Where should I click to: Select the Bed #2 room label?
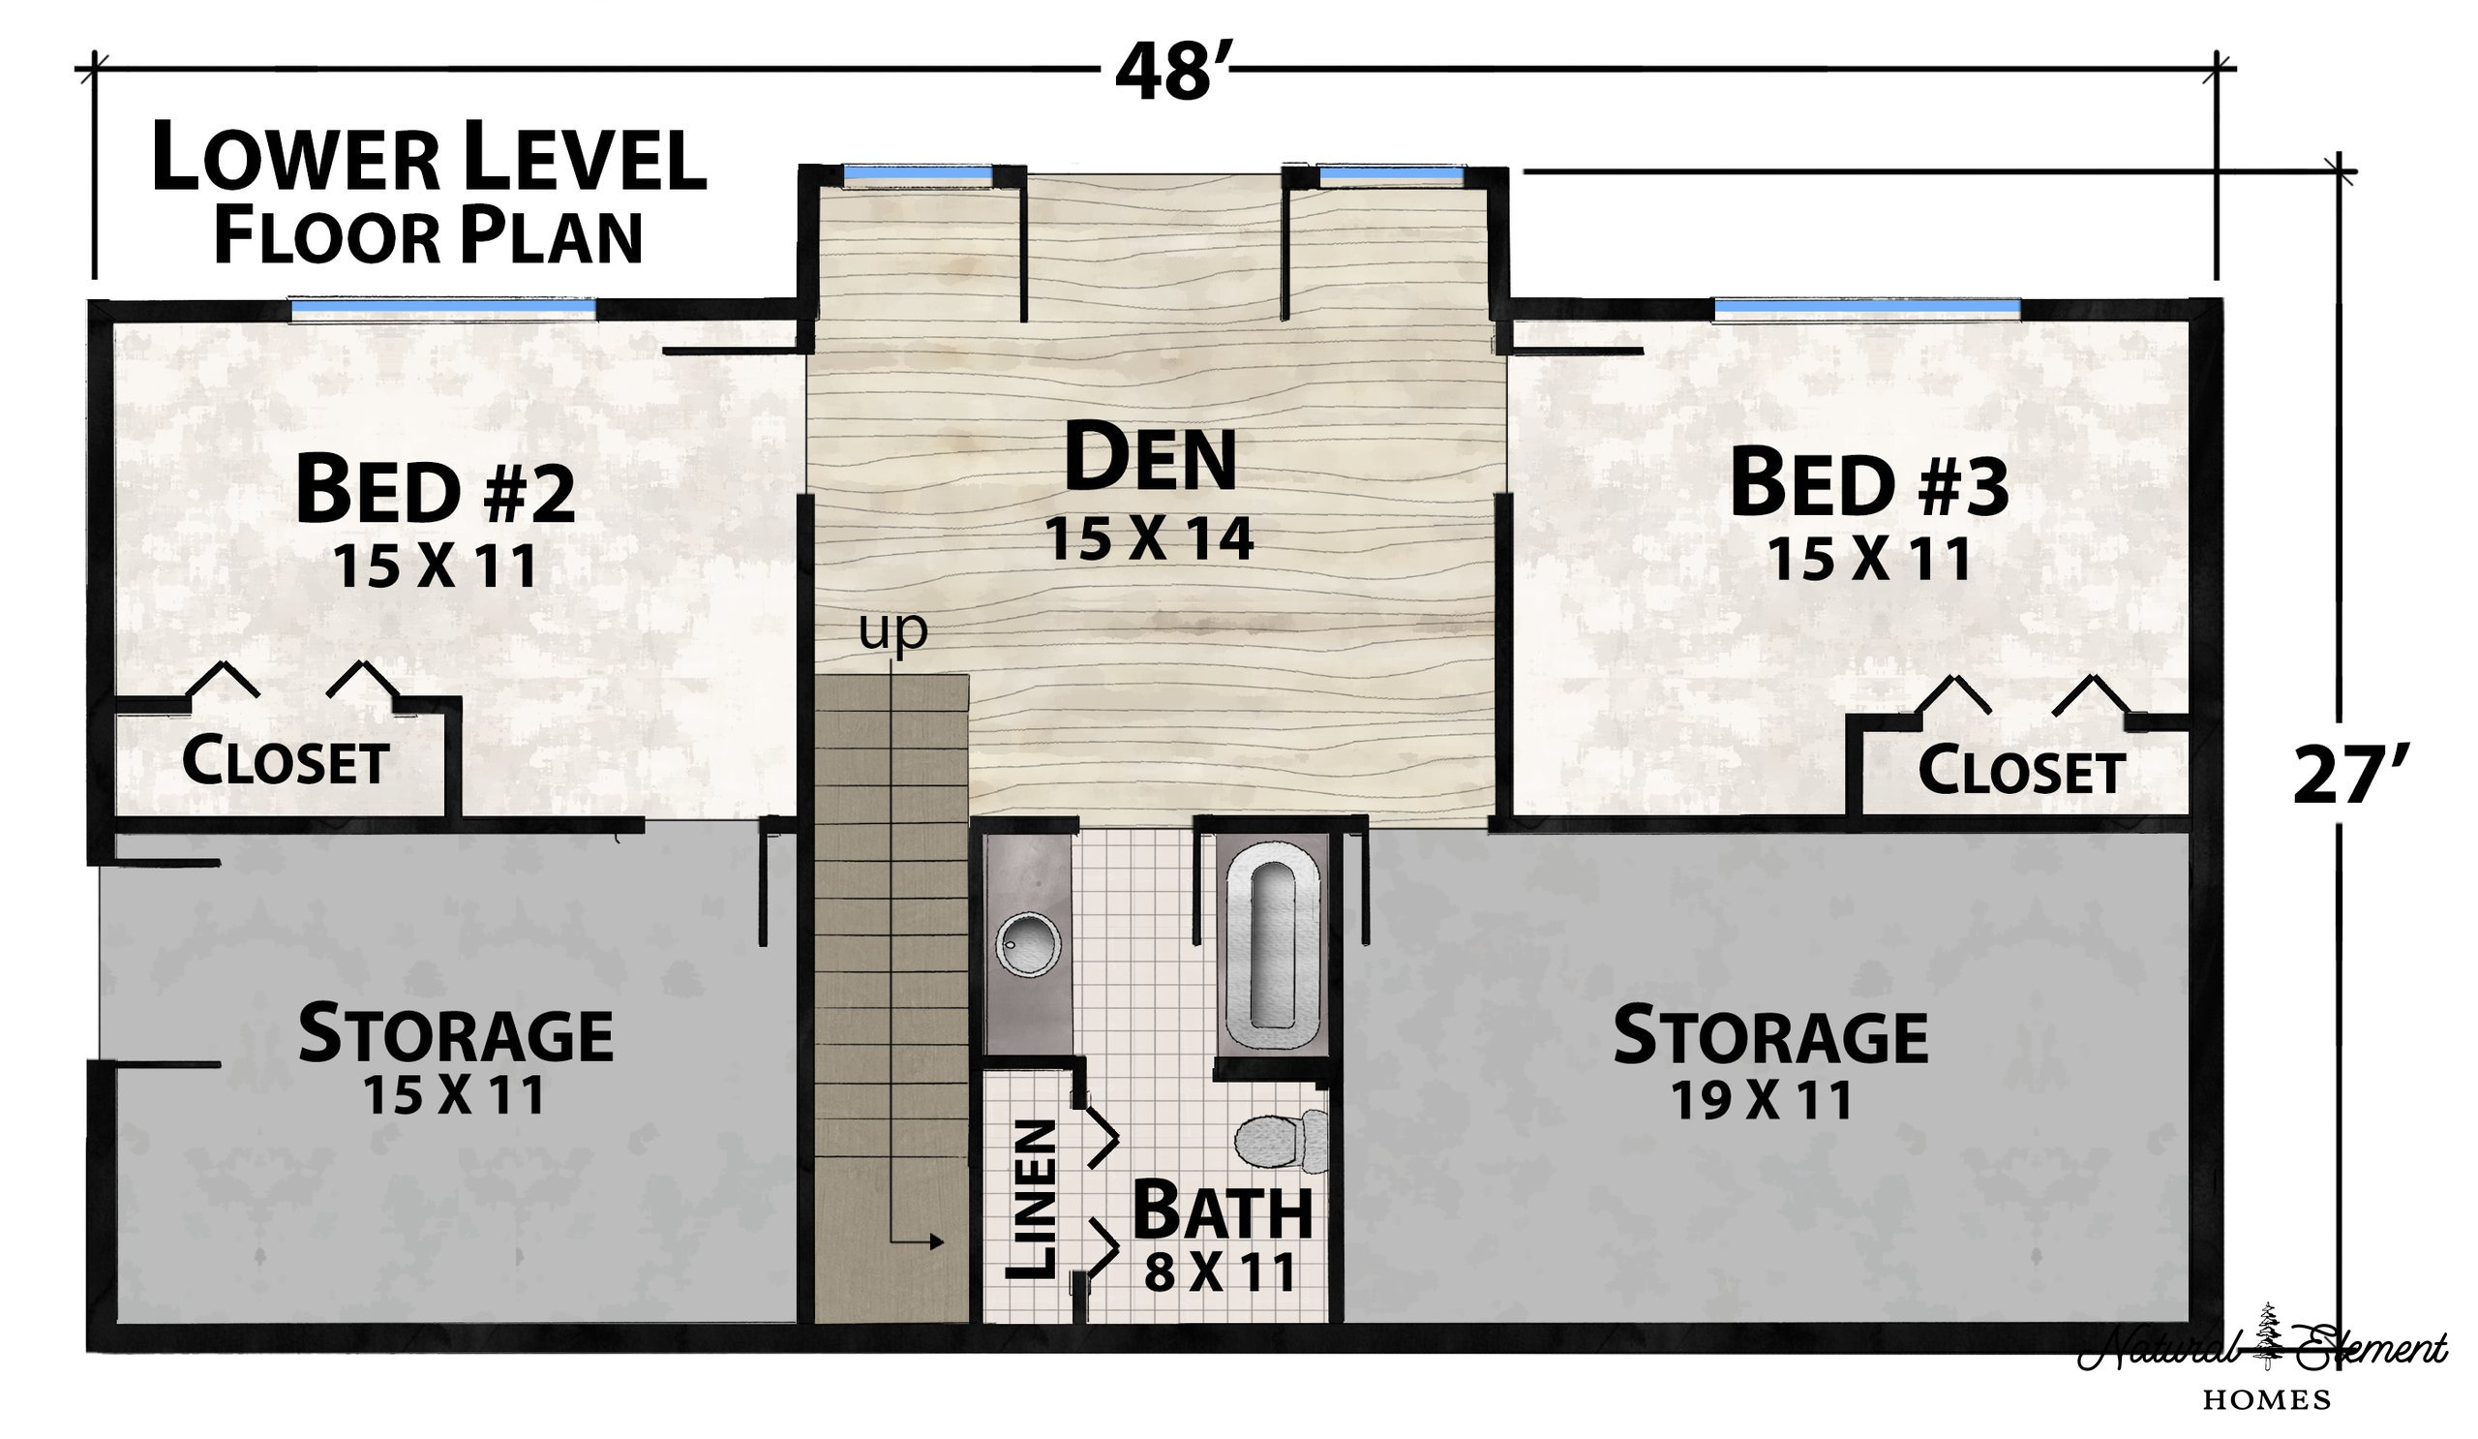pos(436,489)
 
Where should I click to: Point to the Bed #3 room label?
pos(1869,482)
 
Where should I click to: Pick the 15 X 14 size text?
pos(1149,539)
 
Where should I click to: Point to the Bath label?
pos(1223,1210)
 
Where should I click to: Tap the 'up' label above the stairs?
pos(892,631)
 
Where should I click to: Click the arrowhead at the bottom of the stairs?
pos(936,1242)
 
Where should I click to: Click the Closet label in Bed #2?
pos(287,761)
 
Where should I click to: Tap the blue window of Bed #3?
pos(1866,308)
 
